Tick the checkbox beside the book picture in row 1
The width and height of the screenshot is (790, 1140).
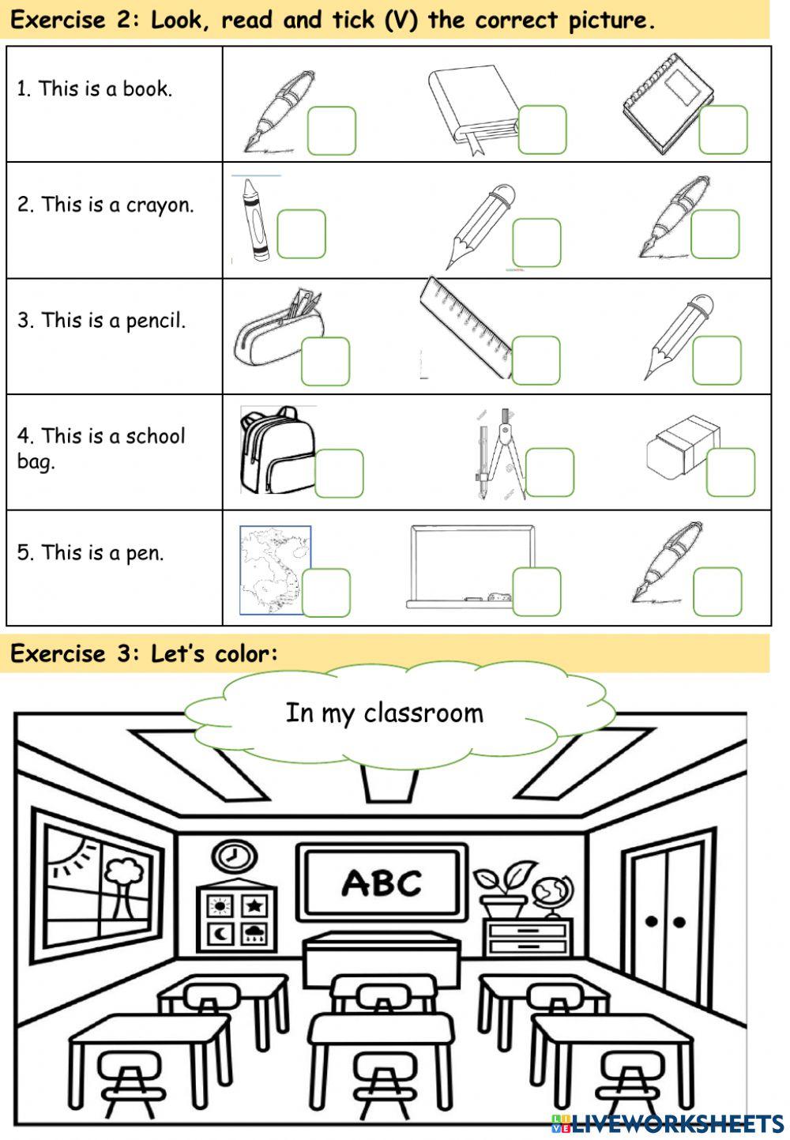coord(542,130)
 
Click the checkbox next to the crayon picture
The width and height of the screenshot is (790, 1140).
coord(301,234)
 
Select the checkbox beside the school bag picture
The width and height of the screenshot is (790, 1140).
coord(339,473)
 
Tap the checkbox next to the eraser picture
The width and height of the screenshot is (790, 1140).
coord(731,472)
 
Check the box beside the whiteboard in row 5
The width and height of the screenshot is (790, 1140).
coord(536,592)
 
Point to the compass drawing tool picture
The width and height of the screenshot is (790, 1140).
coord(501,454)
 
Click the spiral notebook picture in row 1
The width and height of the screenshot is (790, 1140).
coord(668,103)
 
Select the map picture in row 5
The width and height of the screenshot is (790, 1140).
coord(275,570)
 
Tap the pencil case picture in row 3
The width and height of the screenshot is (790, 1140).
coord(278,329)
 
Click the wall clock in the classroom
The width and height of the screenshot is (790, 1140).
coord(234,856)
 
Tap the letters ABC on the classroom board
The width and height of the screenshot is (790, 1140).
coord(382,883)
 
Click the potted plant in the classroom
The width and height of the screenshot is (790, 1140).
coord(504,889)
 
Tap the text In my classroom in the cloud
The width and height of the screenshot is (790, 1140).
coord(384,713)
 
